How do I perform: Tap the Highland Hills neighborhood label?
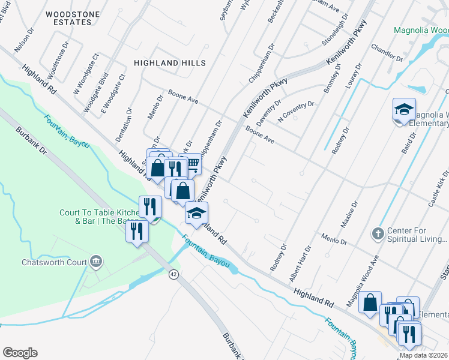[170, 63]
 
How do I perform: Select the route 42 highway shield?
[173, 274]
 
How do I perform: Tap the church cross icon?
[378, 233]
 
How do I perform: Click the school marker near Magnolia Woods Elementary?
[405, 110]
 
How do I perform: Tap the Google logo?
[20, 353]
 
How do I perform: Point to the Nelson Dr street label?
[24, 43]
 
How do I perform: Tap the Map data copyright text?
[424, 355]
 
